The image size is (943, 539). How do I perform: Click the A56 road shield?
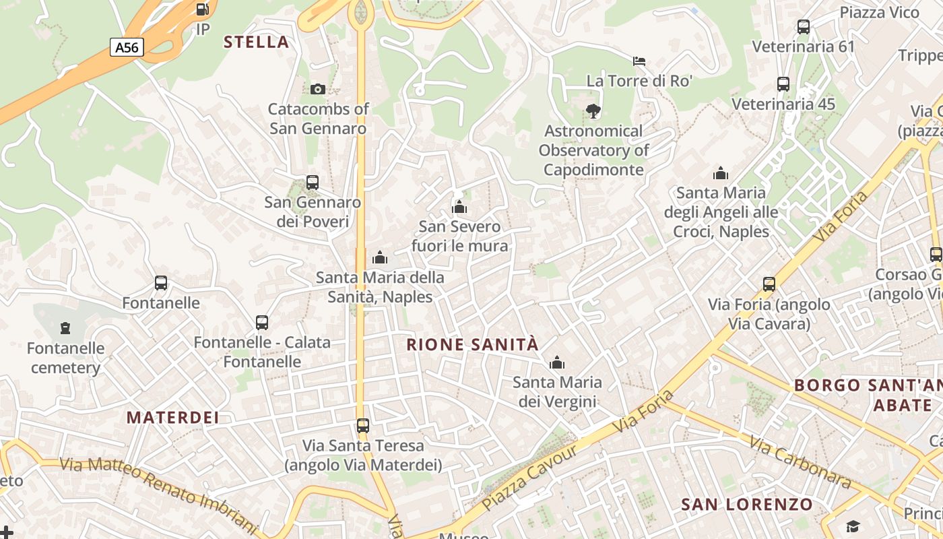tap(127, 47)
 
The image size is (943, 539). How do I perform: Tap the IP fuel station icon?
tap(202, 9)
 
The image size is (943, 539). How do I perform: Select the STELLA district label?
tap(256, 42)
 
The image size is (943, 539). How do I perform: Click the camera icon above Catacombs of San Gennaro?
tap(318, 89)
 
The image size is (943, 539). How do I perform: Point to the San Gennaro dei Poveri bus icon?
tap(312, 182)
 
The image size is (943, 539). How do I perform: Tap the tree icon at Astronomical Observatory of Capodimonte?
tap(593, 110)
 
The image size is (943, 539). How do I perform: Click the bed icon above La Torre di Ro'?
tap(639, 61)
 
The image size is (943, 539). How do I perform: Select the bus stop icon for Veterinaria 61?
tap(803, 27)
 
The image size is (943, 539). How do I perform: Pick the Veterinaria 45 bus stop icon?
tap(783, 84)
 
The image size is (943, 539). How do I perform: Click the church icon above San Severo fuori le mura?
tap(459, 206)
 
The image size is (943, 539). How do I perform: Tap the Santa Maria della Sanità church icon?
tap(380, 257)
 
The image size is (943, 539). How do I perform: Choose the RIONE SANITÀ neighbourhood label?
tap(473, 345)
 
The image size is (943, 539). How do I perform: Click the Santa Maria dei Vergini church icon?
tap(556, 363)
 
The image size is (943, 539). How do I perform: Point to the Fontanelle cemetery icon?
tap(65, 328)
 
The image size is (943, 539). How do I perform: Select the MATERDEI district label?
tap(173, 418)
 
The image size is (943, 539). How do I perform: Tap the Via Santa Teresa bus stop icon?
tap(363, 426)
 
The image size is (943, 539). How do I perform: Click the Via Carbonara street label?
tap(800, 464)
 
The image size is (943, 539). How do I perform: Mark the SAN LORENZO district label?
tap(747, 505)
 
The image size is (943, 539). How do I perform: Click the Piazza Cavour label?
tap(529, 478)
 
